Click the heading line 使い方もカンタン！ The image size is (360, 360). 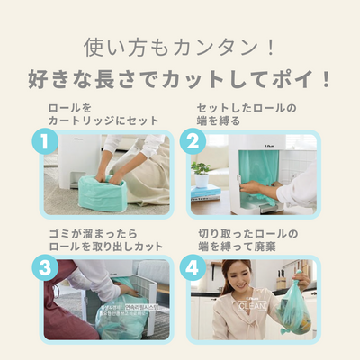pos(180,45)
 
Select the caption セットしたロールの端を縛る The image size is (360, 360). pos(247,114)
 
